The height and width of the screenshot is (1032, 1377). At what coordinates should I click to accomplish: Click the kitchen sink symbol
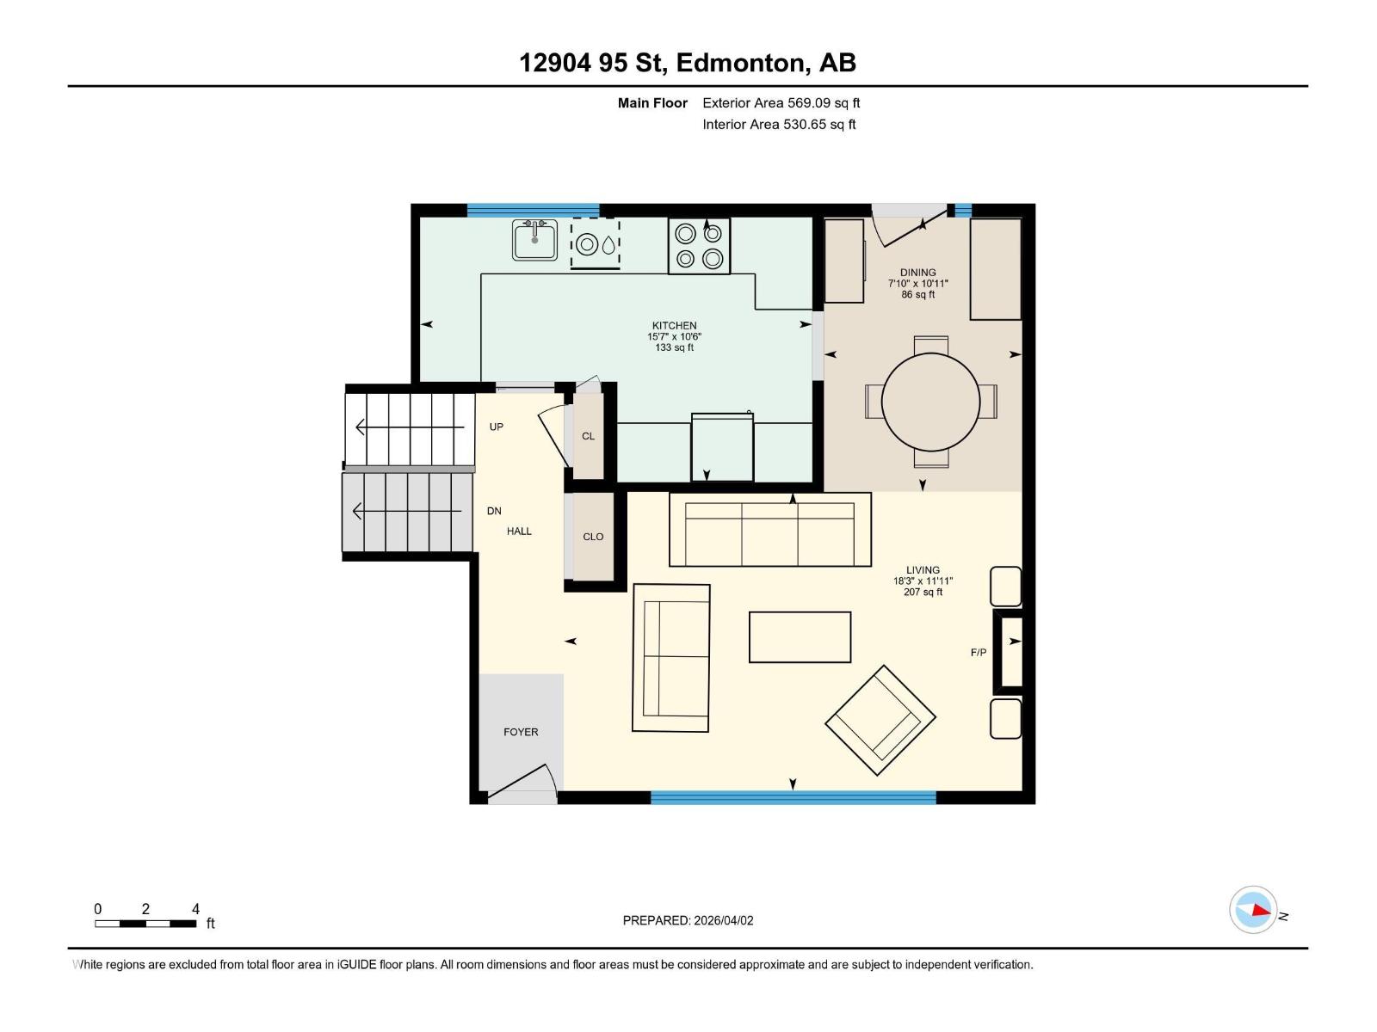534,240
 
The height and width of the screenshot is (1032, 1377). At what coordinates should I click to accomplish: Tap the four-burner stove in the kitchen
699,246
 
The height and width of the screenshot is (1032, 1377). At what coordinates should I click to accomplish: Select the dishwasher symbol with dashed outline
595,243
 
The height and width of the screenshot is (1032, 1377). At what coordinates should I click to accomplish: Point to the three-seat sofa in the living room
769,530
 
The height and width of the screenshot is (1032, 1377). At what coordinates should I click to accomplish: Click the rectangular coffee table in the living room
800,637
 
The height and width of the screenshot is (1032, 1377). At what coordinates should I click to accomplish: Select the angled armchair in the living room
880,720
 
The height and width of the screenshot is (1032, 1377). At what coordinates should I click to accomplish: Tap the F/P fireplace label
979,653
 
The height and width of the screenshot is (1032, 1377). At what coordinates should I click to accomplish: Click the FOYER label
521,732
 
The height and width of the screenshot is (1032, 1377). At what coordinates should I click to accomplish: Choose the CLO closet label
593,537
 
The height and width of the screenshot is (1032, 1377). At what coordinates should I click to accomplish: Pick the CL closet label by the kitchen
588,436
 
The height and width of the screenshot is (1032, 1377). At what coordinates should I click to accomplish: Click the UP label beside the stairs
497,427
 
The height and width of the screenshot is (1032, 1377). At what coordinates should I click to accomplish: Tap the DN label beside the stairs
494,511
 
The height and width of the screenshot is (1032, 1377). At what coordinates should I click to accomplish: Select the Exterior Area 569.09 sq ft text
781,103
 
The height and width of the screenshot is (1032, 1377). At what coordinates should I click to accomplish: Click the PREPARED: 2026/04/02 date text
688,920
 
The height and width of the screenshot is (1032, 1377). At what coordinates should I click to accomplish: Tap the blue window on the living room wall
793,798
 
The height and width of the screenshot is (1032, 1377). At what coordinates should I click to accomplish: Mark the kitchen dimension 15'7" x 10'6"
674,337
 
